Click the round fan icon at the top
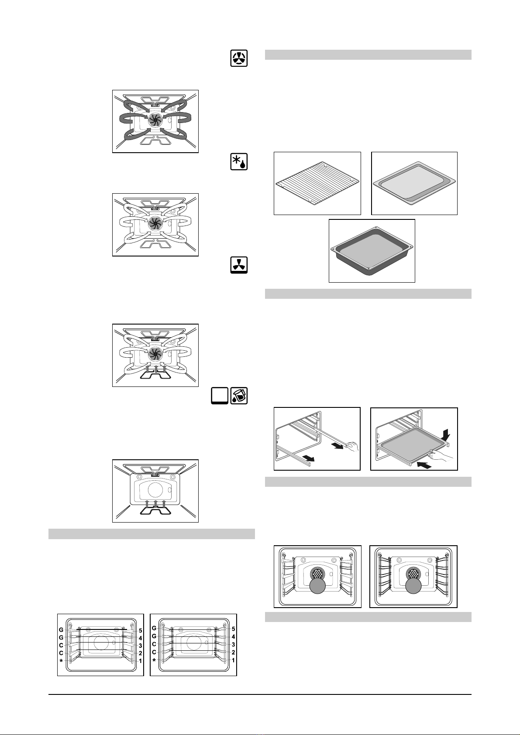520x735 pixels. click(x=239, y=58)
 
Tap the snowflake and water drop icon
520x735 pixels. click(x=239, y=161)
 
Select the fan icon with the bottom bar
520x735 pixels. click(x=239, y=265)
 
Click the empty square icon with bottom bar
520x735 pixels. click(x=220, y=396)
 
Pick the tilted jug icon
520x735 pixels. click(x=239, y=395)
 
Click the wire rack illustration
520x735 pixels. click(x=317, y=184)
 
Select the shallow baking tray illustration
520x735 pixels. click(x=413, y=183)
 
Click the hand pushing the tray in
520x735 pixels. click(x=441, y=455)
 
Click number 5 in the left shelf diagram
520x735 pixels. click(x=140, y=630)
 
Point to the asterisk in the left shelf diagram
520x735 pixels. click(x=61, y=661)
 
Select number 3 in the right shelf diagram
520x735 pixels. click(x=233, y=645)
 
